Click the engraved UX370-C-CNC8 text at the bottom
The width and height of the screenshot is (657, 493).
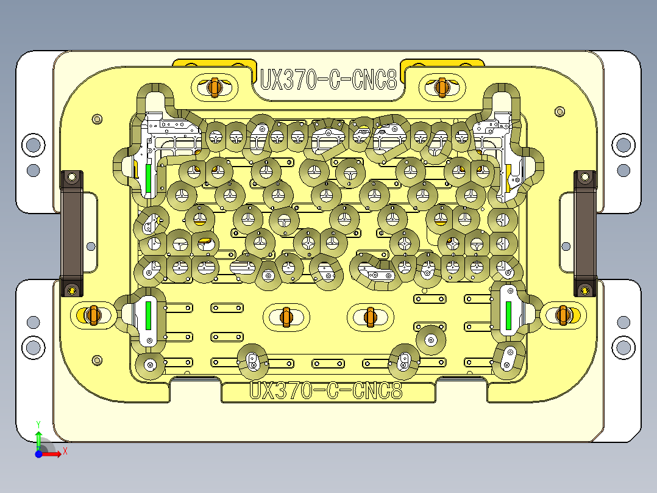point(327,390)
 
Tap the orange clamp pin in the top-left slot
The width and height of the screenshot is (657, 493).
point(214,87)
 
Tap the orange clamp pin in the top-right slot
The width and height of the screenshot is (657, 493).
point(442,87)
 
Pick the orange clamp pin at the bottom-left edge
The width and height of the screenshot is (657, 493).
point(92,315)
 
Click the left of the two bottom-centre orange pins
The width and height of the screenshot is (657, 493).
point(286,316)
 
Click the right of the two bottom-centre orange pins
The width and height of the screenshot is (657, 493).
point(369,316)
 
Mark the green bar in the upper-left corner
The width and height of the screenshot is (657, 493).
point(148,176)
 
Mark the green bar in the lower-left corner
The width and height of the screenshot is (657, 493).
point(148,315)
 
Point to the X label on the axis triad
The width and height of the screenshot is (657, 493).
point(65,451)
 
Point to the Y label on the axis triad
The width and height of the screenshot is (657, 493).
point(38,423)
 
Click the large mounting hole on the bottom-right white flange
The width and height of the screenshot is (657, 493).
point(623,347)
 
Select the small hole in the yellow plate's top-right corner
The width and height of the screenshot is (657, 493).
point(560,112)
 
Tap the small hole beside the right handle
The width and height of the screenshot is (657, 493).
point(566,246)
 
